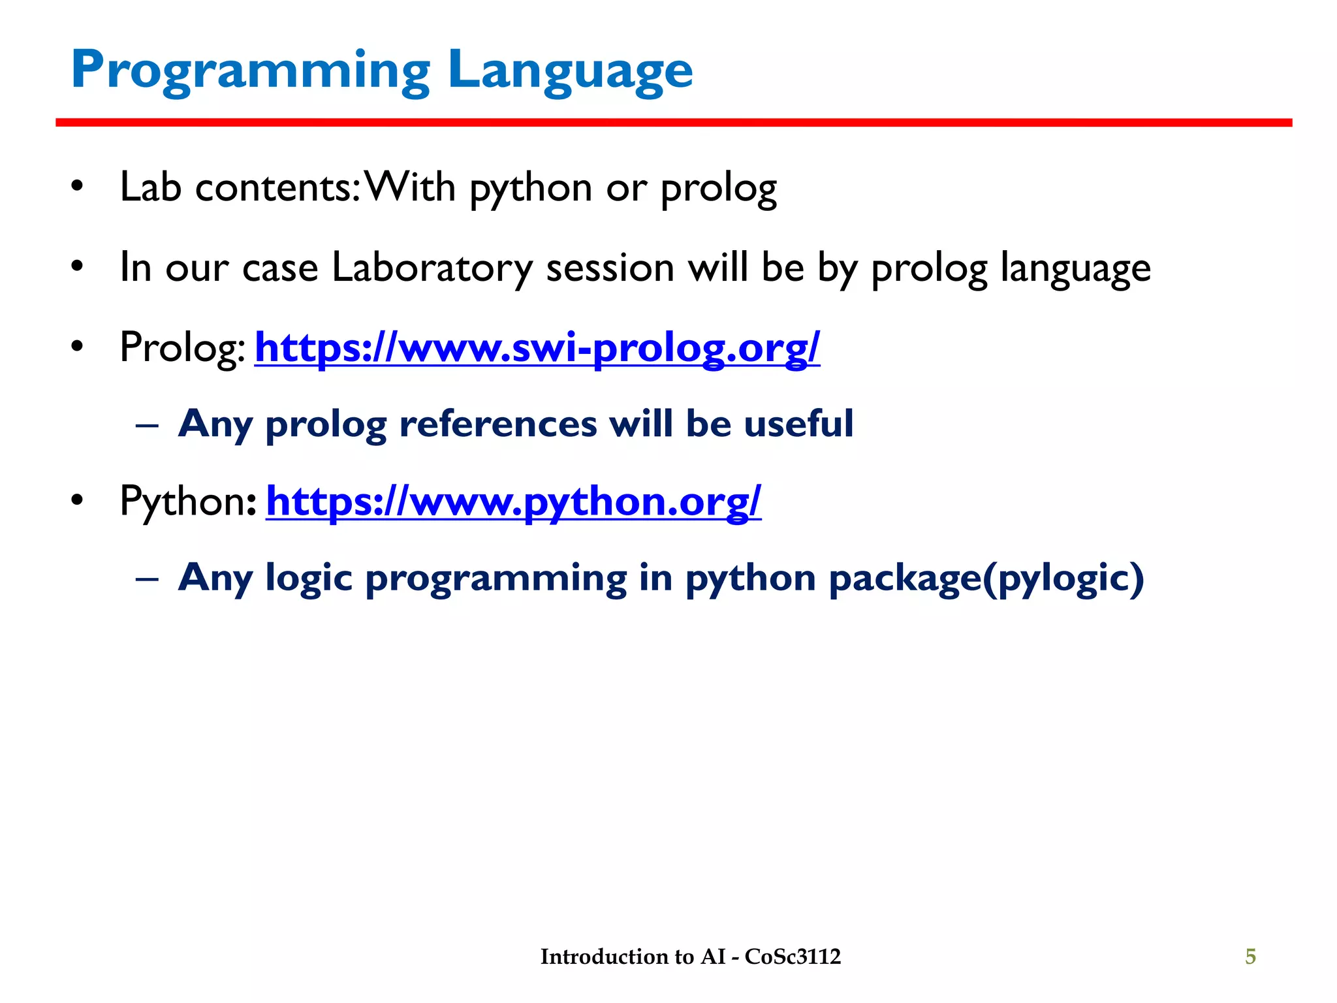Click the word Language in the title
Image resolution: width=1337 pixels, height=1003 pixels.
tap(570, 71)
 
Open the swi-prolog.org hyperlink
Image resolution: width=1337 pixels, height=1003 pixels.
tap(537, 347)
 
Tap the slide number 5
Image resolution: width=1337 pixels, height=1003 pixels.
tap(1250, 957)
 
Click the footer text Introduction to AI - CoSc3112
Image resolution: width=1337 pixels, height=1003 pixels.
tap(690, 957)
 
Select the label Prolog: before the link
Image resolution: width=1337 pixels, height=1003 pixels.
tap(182, 347)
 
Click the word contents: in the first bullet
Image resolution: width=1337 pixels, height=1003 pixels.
tap(277, 188)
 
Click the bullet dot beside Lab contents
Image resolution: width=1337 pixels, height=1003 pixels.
tap(78, 188)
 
